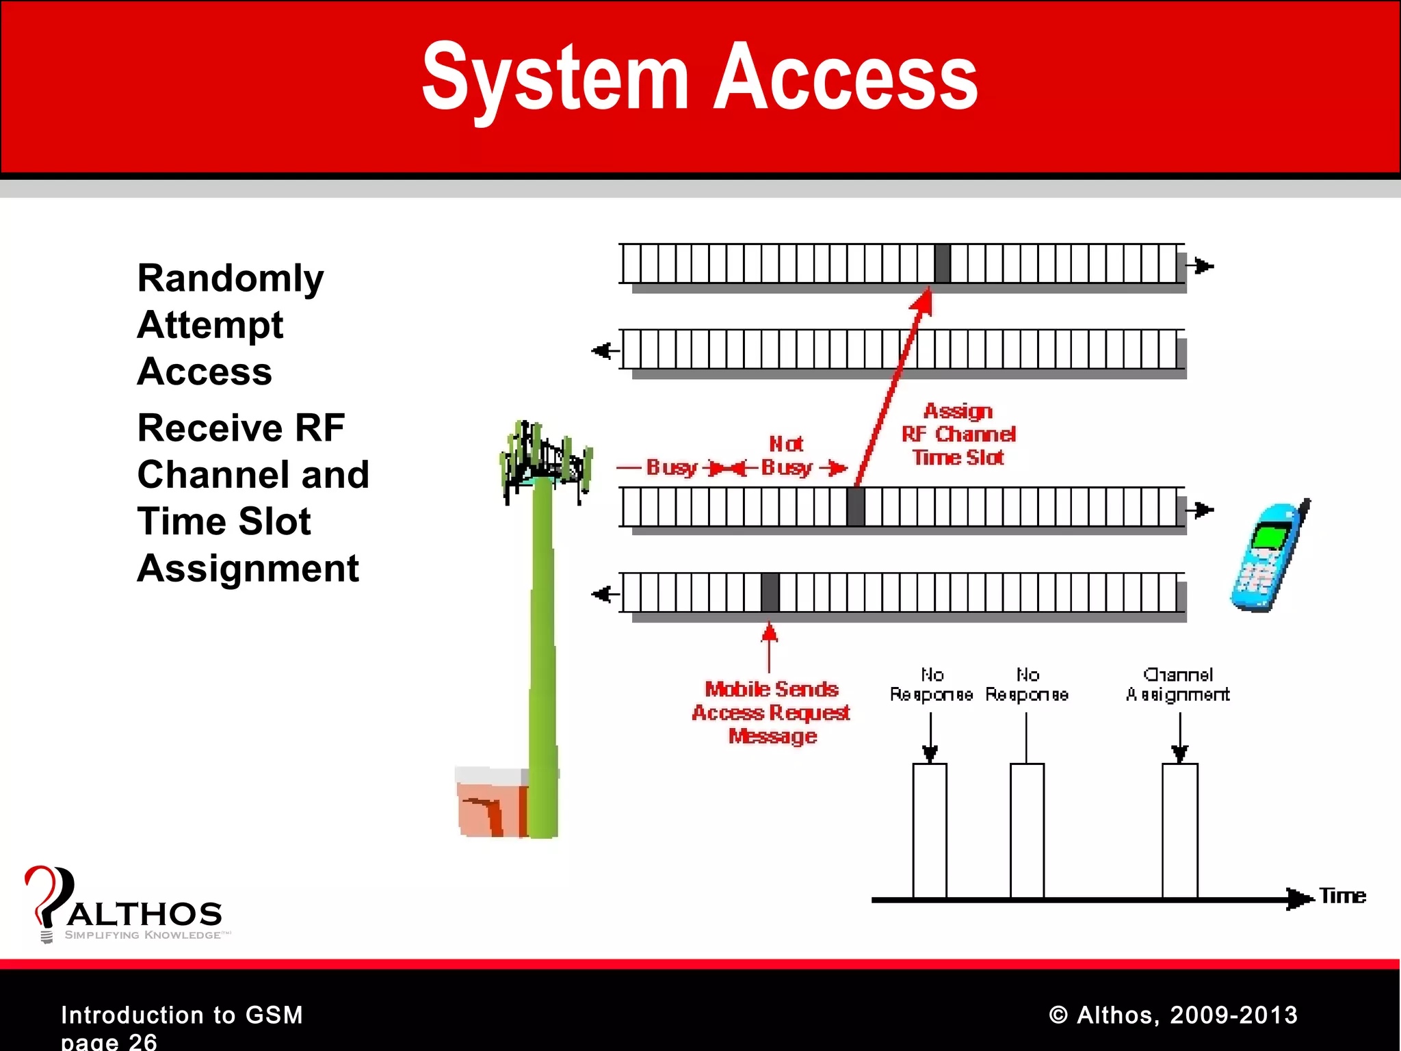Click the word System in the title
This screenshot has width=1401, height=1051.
pos(554,77)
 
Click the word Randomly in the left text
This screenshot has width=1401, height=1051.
pos(230,278)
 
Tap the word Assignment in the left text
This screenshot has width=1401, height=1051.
pos(248,568)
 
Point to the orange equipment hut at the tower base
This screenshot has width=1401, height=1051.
pos(491,802)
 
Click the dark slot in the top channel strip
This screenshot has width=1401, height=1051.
pos(942,263)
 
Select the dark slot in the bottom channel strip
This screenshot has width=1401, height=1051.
pos(770,593)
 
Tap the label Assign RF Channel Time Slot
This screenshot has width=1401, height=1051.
pos(958,434)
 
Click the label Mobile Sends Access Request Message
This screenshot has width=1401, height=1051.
pos(771,712)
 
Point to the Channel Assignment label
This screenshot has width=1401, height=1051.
pos(1177,684)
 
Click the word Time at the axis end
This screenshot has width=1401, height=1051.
pos(1342,896)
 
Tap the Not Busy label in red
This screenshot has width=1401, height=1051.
pos(786,456)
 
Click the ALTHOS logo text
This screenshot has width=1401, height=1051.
pos(144,913)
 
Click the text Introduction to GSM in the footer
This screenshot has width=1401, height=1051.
pos(181,1014)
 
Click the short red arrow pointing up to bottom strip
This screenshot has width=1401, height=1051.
pos(769,647)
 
